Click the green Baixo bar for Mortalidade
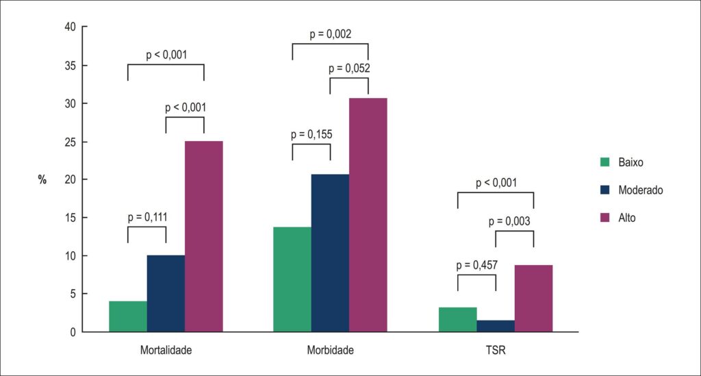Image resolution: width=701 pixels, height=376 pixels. (x=128, y=316)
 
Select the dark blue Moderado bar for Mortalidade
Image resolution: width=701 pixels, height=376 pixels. (x=166, y=294)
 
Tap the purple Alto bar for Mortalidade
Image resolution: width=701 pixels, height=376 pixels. (x=204, y=236)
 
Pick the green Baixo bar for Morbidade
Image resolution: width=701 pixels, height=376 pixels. (x=292, y=279)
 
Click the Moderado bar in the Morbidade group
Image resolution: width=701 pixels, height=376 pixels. (x=331, y=253)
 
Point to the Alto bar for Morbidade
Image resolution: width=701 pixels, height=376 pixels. (x=368, y=215)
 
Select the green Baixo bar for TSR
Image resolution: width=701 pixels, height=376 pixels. (x=458, y=320)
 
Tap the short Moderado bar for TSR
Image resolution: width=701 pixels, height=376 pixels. (x=496, y=326)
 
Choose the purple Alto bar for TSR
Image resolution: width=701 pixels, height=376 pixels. (x=534, y=299)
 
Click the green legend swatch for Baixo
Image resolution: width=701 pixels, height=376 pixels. (x=605, y=162)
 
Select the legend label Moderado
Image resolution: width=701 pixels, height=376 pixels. (x=641, y=190)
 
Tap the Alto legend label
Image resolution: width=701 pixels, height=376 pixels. (x=627, y=218)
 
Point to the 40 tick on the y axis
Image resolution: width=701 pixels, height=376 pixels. (x=71, y=27)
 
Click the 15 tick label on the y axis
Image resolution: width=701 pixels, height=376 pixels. (x=71, y=218)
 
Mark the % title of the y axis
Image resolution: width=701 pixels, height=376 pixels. (x=42, y=179)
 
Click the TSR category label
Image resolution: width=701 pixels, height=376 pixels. (x=496, y=350)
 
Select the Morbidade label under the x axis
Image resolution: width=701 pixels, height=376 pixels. (x=331, y=350)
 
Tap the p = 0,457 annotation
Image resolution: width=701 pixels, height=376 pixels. (x=477, y=266)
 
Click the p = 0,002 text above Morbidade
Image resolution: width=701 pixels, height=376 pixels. (x=331, y=34)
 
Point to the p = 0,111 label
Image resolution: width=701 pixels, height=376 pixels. (x=148, y=217)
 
